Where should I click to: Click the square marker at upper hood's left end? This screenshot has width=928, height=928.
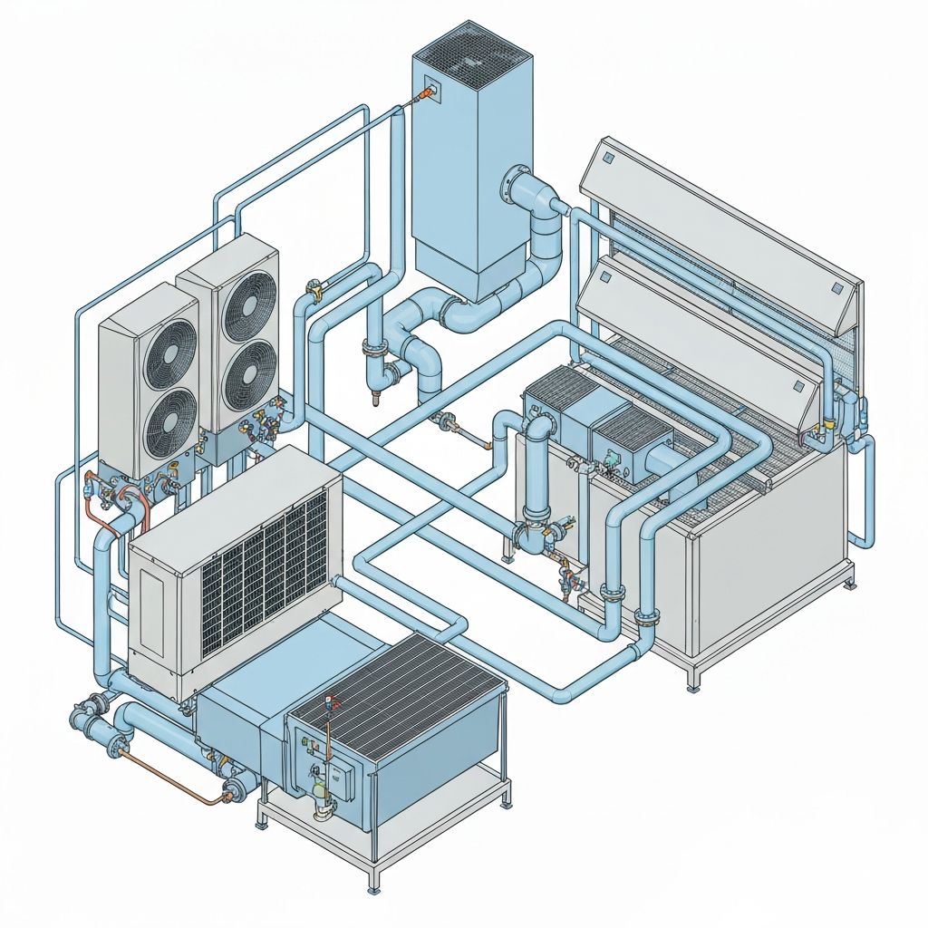pyautogui.click(x=609, y=160)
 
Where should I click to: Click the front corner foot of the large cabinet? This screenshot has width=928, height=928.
pyautogui.click(x=694, y=685)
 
